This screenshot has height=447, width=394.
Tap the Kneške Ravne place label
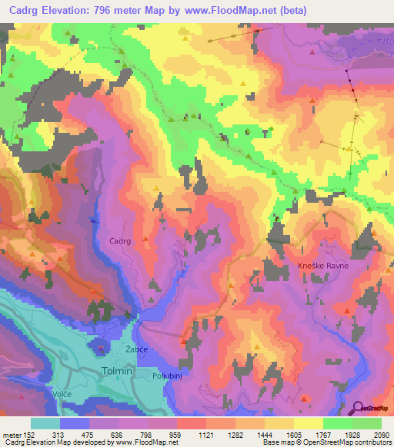[323, 266]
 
